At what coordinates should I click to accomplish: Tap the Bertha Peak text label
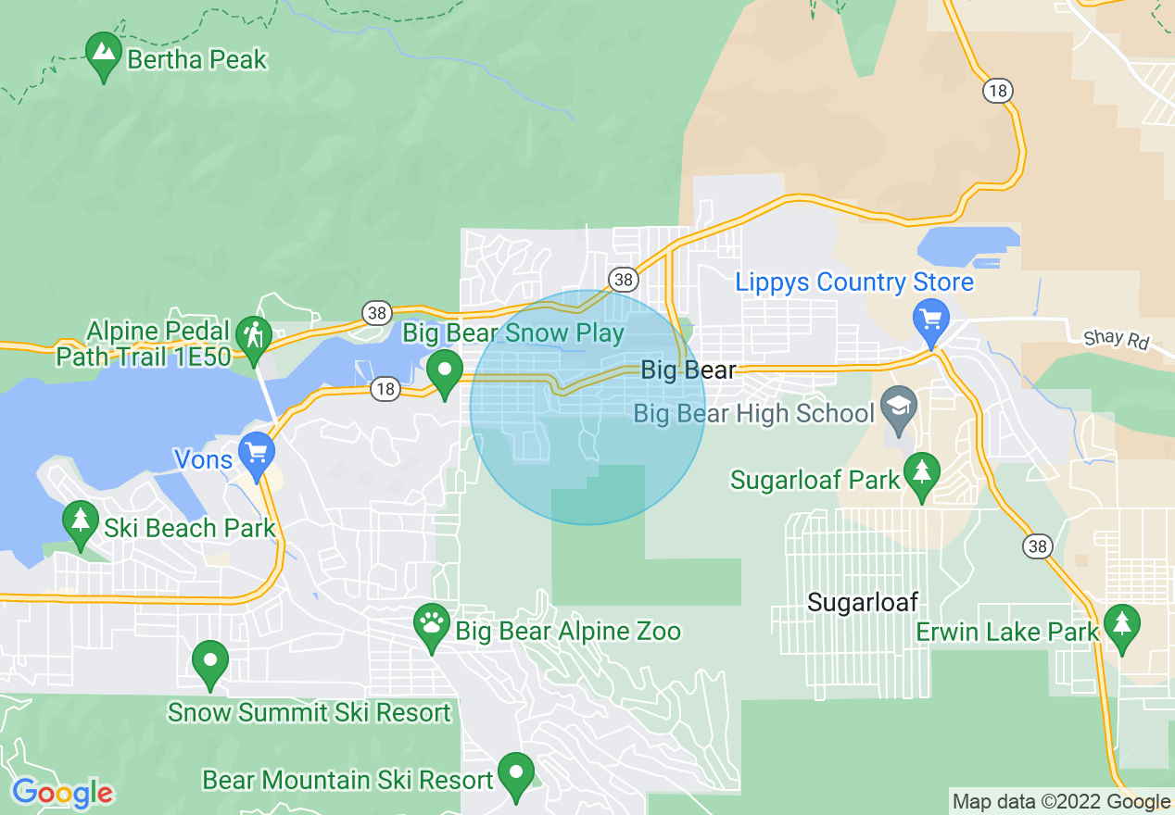click(x=196, y=60)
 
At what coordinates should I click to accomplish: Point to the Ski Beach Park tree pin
click(x=81, y=522)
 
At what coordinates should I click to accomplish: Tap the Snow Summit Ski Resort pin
click(x=210, y=662)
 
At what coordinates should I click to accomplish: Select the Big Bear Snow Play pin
click(x=445, y=371)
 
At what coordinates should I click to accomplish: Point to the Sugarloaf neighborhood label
click(x=863, y=603)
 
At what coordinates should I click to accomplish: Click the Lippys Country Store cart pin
click(x=930, y=320)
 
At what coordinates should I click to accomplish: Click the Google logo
click(x=62, y=794)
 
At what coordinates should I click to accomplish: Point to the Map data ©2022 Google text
click(x=1062, y=802)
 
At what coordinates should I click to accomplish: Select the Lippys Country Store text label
click(x=854, y=282)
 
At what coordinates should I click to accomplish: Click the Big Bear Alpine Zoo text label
click(x=568, y=633)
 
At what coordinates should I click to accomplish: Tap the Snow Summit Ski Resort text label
click(x=309, y=713)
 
